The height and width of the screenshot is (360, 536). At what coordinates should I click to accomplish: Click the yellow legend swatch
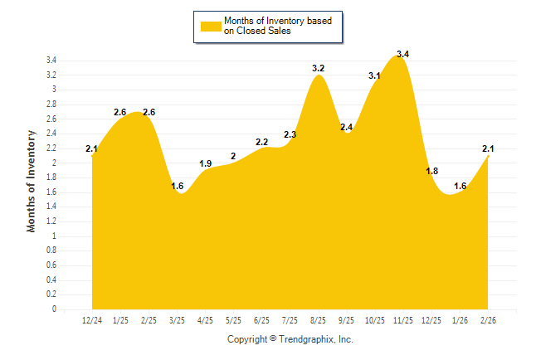[210, 27]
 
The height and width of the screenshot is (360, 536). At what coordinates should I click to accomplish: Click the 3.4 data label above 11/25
[402, 55]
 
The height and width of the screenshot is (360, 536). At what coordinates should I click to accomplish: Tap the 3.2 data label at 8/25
[318, 68]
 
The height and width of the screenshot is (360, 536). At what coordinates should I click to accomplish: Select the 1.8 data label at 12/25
[431, 171]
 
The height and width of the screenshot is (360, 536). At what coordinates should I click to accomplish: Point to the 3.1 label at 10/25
[374, 76]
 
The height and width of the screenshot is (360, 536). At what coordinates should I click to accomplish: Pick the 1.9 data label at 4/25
[206, 163]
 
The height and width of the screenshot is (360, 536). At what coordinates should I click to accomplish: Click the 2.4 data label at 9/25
[346, 127]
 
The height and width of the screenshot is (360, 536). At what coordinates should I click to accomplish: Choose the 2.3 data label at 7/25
[290, 134]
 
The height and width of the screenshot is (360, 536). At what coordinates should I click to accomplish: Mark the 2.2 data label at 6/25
[261, 143]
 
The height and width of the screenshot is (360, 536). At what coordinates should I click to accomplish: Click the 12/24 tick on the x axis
[92, 321]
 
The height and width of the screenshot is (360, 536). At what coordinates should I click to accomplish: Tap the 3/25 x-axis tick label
[178, 321]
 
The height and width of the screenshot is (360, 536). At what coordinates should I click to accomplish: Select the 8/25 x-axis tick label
[318, 321]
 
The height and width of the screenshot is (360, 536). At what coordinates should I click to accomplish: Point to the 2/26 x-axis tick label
[488, 321]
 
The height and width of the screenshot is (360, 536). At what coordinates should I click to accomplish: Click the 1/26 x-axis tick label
[460, 321]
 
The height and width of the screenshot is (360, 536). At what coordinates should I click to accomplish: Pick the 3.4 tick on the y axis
[51, 61]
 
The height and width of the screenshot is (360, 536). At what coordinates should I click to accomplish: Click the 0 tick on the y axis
[54, 309]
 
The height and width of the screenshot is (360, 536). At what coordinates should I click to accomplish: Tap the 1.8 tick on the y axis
[51, 178]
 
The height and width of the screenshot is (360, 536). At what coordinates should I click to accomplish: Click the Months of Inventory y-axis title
[32, 181]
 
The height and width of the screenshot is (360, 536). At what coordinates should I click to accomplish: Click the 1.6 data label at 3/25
[178, 186]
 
